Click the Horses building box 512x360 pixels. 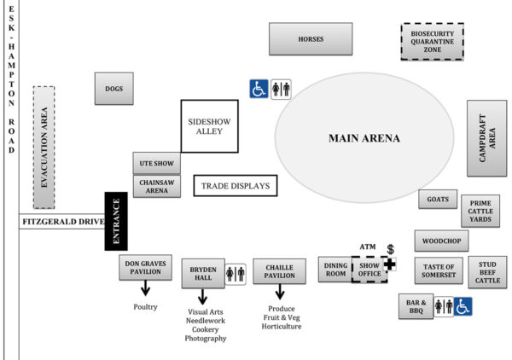[310, 39]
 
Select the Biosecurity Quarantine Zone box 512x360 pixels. [432, 40]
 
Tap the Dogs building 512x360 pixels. [113, 88]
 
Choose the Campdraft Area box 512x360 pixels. [487, 137]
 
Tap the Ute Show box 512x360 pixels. [156, 163]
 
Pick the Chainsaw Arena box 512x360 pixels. [156, 186]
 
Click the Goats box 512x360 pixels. [438, 200]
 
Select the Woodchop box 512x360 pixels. [441, 241]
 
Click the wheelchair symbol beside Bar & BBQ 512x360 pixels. [463, 305]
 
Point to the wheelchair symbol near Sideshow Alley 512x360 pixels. [259, 89]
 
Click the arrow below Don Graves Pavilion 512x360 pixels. [145, 288]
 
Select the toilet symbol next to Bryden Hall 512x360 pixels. [235, 274]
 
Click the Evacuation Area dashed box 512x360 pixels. [44, 147]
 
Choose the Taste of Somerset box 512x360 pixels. [439, 272]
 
